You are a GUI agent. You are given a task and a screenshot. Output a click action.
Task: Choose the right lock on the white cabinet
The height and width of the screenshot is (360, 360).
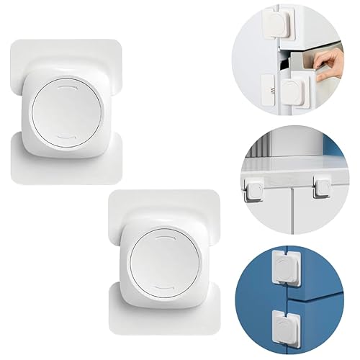point(319,189)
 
